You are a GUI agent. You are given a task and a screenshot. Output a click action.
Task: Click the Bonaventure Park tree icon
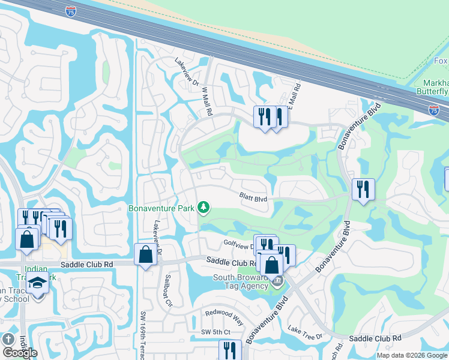[x=205, y=208]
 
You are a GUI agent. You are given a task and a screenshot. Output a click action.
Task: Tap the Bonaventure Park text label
[x=162, y=208]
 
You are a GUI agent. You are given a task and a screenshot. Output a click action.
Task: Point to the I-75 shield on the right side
[x=434, y=109]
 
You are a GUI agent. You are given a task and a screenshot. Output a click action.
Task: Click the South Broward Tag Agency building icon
[x=277, y=281]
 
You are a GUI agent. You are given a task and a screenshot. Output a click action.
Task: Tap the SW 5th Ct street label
[x=215, y=332]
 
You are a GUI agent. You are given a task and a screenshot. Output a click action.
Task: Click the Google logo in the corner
[x=19, y=353]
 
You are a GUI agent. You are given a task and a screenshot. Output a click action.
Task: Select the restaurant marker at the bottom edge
[x=230, y=350]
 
